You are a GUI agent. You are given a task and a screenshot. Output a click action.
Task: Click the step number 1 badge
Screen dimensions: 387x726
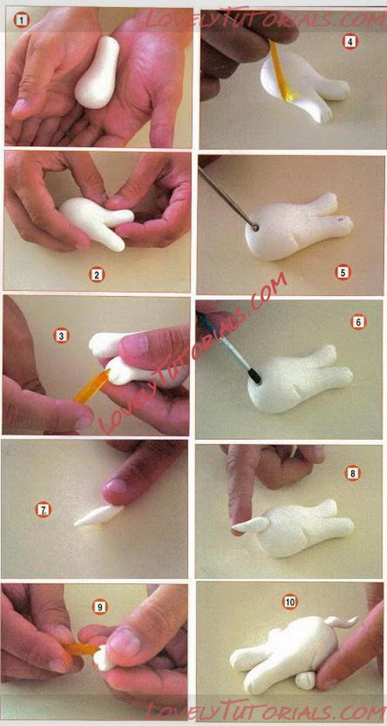(x=20, y=20)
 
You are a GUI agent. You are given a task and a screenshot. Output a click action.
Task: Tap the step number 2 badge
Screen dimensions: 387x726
(x=96, y=275)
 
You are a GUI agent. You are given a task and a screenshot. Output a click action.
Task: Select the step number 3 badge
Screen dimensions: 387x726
(x=61, y=336)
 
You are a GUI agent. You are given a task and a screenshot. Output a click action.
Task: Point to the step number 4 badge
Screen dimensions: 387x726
(x=350, y=42)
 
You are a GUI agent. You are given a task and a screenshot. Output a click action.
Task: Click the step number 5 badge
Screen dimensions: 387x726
(x=343, y=273)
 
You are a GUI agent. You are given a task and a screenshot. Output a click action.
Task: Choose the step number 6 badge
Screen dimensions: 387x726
(x=358, y=321)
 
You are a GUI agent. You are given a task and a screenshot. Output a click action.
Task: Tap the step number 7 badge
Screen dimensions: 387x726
(x=43, y=510)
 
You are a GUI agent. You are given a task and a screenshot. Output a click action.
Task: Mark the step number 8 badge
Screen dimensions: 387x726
(x=353, y=473)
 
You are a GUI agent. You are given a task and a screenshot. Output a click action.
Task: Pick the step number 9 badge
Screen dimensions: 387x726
(x=99, y=607)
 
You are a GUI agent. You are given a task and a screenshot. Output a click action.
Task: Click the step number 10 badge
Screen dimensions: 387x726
(x=290, y=602)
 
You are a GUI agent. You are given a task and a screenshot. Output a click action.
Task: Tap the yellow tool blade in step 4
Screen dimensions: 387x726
(x=280, y=70)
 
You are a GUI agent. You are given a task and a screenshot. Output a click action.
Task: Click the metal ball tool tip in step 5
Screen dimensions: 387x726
(x=255, y=227)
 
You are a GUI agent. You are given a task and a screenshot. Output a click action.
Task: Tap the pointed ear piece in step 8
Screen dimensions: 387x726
(x=250, y=524)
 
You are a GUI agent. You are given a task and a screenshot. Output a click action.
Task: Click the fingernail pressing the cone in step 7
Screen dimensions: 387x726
(x=116, y=486)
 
